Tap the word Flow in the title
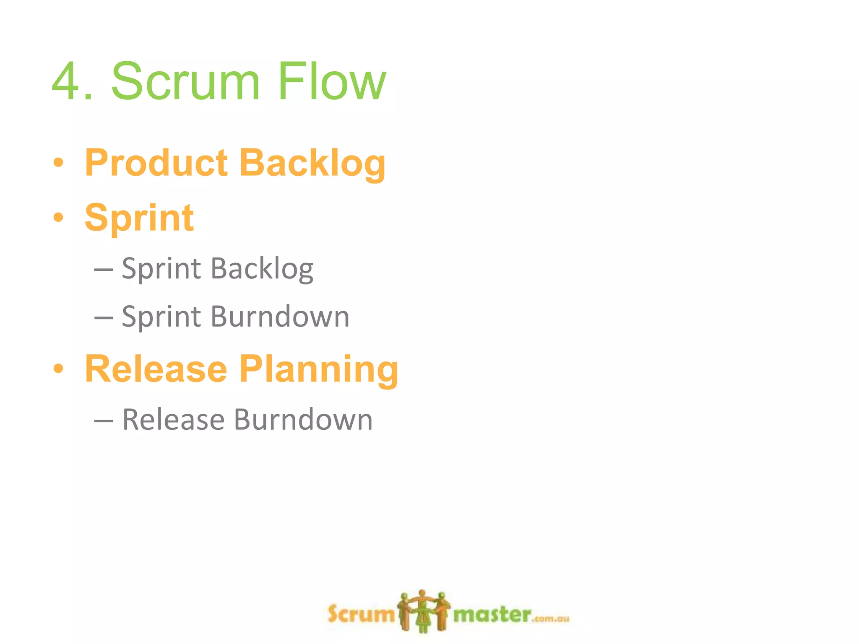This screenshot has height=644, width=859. coord(331,81)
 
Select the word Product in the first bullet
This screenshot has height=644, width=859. coord(156,164)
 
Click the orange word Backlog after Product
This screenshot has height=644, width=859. coord(312,164)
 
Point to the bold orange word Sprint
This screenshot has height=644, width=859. coord(139,218)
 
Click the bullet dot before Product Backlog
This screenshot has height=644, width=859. coord(59,163)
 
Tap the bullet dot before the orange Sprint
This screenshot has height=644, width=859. coord(59,217)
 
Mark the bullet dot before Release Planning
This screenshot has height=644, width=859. coord(59,369)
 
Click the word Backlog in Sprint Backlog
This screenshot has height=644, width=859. coord(262,269)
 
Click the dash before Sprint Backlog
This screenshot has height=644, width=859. coord(104,270)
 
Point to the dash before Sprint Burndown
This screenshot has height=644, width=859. coord(104,317)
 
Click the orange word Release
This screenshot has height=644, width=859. coord(156,369)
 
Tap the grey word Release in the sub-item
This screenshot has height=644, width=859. coord(173,420)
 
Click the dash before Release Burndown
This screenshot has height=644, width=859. coord(104,421)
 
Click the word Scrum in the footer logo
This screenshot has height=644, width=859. coord(361,615)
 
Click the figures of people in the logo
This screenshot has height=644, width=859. coord(424,610)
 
